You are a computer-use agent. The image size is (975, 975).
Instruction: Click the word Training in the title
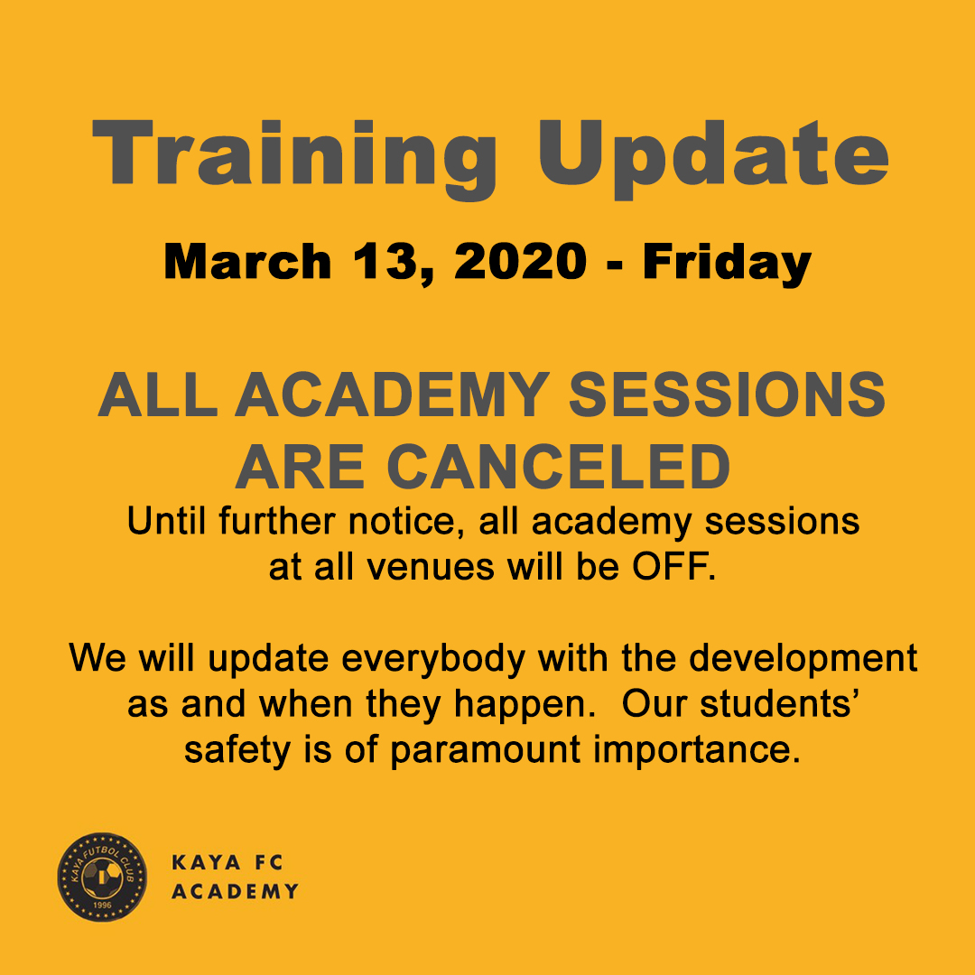[x=294, y=158]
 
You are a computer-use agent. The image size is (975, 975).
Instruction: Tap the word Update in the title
[x=712, y=159]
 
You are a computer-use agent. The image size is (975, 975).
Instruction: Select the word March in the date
[x=247, y=261]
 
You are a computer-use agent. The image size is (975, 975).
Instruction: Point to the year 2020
[x=521, y=261]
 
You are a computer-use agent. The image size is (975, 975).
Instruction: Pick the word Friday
[x=727, y=265]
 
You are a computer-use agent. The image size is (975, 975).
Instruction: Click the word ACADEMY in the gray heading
[x=392, y=395]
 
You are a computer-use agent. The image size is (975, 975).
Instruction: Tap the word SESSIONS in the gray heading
[x=727, y=395]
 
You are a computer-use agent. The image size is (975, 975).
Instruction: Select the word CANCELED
[x=559, y=467]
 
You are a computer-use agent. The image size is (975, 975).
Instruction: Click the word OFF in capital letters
[x=673, y=566]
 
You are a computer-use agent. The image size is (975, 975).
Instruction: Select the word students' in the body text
[x=780, y=704]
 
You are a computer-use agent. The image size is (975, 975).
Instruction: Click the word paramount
[x=485, y=751]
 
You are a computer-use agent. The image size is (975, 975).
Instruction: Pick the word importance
[x=696, y=751]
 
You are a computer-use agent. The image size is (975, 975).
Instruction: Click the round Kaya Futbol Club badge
[x=103, y=877]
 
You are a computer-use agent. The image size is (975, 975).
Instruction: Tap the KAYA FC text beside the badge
[x=227, y=862]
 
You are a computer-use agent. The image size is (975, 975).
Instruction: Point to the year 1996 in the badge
[x=102, y=905]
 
